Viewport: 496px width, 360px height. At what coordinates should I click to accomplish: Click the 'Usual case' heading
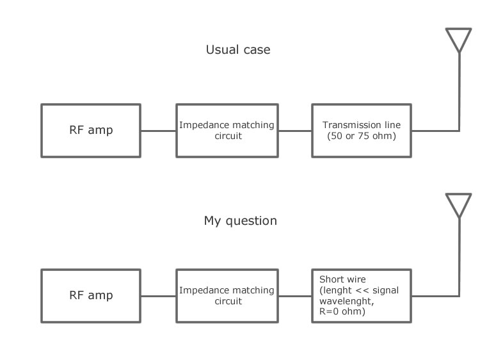(x=238, y=49)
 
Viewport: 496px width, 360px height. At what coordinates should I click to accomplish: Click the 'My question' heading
(x=241, y=221)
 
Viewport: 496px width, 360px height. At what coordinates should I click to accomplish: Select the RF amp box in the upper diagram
(x=91, y=131)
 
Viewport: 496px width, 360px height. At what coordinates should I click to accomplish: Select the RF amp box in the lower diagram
(x=91, y=295)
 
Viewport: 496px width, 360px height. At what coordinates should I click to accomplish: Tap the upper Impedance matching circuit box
(x=227, y=131)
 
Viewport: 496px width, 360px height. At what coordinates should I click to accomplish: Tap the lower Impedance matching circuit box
(x=227, y=295)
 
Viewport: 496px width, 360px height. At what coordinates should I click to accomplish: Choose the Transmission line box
(x=362, y=131)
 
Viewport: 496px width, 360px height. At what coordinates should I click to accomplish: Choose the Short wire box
(x=362, y=295)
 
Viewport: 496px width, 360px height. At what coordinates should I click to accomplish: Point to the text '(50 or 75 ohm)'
(x=362, y=136)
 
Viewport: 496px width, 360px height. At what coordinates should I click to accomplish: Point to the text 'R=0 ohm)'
(x=342, y=312)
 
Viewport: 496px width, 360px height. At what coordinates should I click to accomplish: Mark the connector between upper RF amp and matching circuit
(x=159, y=131)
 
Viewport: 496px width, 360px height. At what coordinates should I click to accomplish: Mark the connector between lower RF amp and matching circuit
(x=159, y=296)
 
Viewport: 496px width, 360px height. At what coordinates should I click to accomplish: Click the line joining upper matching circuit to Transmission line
(x=294, y=131)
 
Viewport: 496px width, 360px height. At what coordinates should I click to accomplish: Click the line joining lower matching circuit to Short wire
(x=294, y=296)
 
